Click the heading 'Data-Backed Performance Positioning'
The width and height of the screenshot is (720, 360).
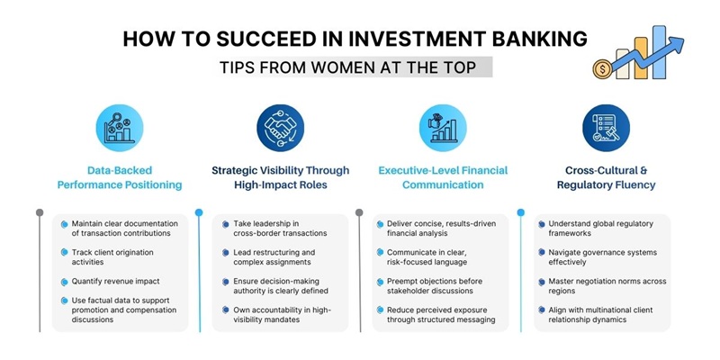pyautogui.click(x=121, y=176)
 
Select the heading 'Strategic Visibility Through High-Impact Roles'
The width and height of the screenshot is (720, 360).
pyautogui.click(x=282, y=176)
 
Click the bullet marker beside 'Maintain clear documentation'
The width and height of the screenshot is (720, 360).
pyautogui.click(x=64, y=224)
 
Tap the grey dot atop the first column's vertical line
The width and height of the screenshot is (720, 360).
pyautogui.click(x=39, y=213)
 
